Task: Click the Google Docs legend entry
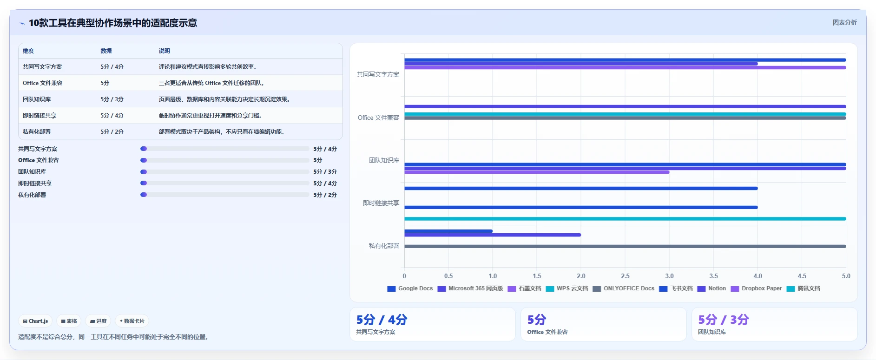410,288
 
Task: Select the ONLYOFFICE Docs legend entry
623,288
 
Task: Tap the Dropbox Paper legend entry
756,288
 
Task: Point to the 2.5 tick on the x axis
625,276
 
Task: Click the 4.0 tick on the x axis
757,276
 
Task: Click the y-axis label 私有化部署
384,246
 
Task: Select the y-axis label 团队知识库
384,160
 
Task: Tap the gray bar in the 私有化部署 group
625,246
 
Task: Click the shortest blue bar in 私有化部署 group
448,231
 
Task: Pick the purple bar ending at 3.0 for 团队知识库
537,172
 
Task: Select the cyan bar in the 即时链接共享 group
625,219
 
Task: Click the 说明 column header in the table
164,51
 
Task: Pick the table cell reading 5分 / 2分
112,132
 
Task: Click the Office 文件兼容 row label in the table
42,83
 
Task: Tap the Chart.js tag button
35,321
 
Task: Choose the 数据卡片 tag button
132,321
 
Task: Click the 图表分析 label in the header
844,22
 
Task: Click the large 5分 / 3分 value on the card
724,320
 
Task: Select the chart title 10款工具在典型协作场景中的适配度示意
113,23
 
